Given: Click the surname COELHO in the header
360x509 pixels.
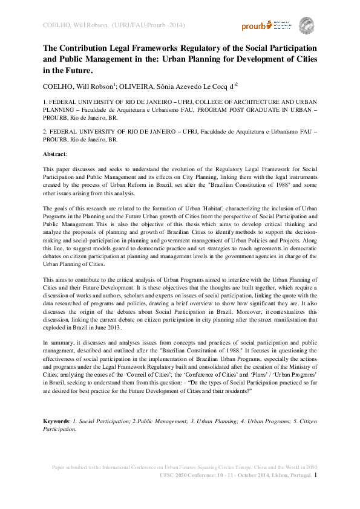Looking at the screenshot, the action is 55,25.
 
